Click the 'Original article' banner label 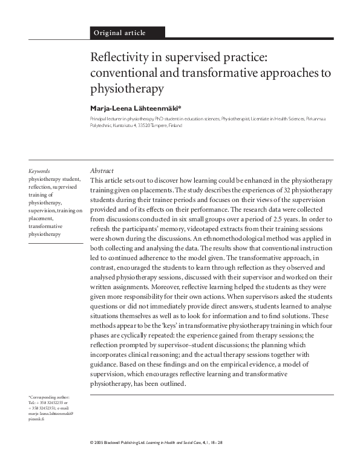[119, 33]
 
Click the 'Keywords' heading [39, 171]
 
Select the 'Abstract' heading [102, 171]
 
